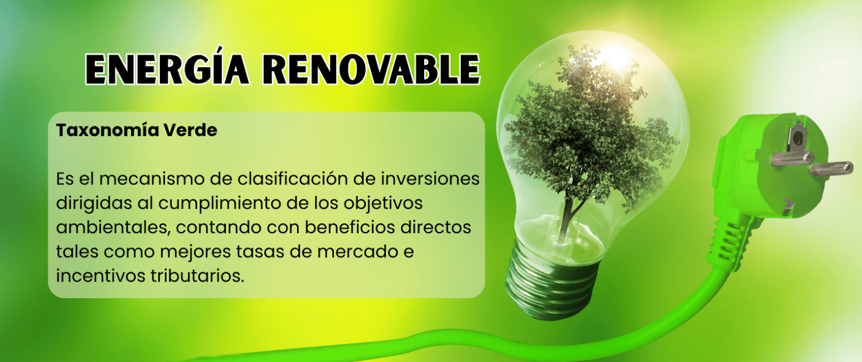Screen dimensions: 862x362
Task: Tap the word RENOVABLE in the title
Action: point(372,70)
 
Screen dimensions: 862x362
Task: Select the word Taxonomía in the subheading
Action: point(107,130)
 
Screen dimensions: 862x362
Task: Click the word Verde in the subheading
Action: point(190,130)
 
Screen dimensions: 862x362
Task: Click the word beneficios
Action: point(350,228)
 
